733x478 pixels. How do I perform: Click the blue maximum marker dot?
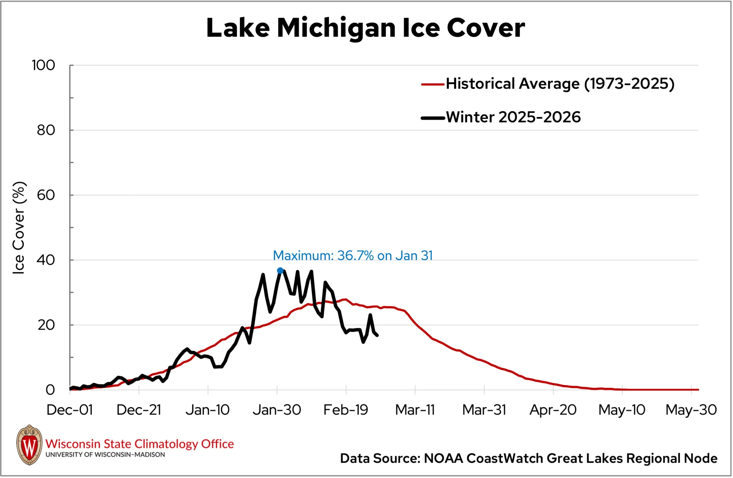(280, 271)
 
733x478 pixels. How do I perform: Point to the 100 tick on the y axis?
(44, 65)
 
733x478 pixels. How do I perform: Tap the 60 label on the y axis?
(46, 195)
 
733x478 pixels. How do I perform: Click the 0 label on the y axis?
(50, 390)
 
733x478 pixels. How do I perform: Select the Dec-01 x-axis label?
(70, 410)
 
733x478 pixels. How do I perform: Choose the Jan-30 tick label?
(277, 410)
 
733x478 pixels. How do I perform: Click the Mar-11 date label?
(415, 410)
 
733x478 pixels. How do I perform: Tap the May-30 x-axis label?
(691, 410)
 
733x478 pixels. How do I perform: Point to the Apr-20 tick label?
(553, 410)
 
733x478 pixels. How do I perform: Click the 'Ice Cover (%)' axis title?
(19, 228)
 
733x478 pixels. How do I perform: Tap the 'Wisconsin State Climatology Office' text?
(139, 444)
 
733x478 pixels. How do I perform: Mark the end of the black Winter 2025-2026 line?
(377, 335)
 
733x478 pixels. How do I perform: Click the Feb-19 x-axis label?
(346, 410)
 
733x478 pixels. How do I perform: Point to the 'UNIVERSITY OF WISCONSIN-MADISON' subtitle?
(105, 455)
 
